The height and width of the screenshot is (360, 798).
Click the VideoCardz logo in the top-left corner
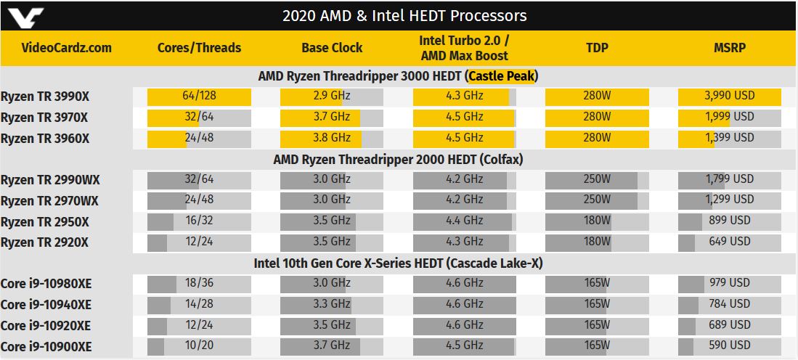click(25, 17)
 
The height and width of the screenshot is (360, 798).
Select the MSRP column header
click(729, 48)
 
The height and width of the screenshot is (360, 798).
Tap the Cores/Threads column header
click(199, 48)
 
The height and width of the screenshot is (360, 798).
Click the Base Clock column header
click(332, 48)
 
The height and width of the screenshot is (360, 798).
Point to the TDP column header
click(597, 48)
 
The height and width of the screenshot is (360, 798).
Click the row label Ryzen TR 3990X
click(45, 97)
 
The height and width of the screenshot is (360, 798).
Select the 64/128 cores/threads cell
click(199, 97)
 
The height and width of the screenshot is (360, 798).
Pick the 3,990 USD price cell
click(729, 97)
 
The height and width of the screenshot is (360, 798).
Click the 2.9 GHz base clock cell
click(332, 97)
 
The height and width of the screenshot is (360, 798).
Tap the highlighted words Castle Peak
click(502, 76)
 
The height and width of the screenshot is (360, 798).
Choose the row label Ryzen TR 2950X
click(45, 222)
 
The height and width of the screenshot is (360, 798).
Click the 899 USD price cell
click(729, 221)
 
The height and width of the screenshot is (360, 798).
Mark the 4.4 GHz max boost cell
click(464, 221)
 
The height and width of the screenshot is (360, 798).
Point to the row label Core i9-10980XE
click(46, 284)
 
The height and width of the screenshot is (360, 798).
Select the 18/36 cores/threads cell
click(199, 284)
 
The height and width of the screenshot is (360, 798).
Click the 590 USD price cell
click(729, 346)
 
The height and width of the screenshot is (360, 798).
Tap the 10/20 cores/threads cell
click(199, 346)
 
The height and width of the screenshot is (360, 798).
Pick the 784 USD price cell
click(729, 305)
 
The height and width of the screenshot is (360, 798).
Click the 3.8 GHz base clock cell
click(332, 139)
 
